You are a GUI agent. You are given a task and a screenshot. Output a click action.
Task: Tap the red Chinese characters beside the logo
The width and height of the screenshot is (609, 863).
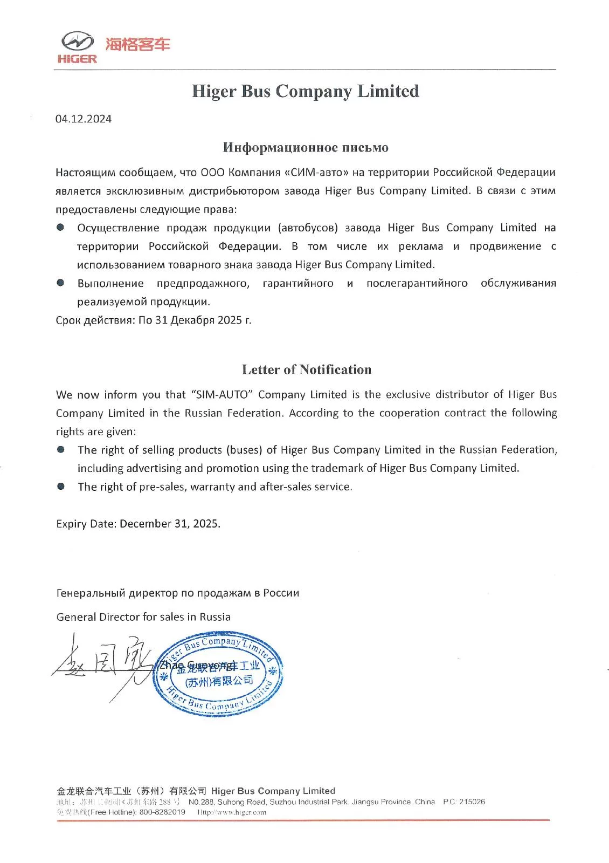(x=137, y=44)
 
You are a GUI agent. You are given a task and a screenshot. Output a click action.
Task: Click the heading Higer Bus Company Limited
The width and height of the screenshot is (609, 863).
(x=305, y=91)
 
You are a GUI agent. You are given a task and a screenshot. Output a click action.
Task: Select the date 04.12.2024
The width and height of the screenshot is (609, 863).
(x=84, y=119)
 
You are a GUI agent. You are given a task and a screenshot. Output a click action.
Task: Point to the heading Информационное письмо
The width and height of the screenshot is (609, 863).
(x=305, y=147)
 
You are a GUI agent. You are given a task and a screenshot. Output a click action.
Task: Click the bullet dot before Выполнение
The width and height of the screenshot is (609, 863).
(x=60, y=283)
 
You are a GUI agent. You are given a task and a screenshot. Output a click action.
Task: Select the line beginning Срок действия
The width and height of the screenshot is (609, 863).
(x=154, y=320)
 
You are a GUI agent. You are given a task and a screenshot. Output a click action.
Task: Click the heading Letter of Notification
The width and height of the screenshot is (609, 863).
(x=306, y=369)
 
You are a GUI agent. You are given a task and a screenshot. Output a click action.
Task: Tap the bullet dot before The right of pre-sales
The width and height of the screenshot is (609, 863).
(x=61, y=486)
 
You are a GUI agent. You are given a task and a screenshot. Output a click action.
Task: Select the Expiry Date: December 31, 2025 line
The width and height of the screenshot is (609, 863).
(x=138, y=524)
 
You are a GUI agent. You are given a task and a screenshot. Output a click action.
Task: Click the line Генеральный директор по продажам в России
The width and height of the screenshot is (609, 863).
(x=178, y=593)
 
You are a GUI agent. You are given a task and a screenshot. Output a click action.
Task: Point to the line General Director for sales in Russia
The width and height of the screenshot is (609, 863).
(x=143, y=617)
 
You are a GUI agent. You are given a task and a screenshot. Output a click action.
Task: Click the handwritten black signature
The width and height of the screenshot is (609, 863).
(x=102, y=666)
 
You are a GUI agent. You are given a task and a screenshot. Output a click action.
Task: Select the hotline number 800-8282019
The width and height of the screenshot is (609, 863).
(x=162, y=812)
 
